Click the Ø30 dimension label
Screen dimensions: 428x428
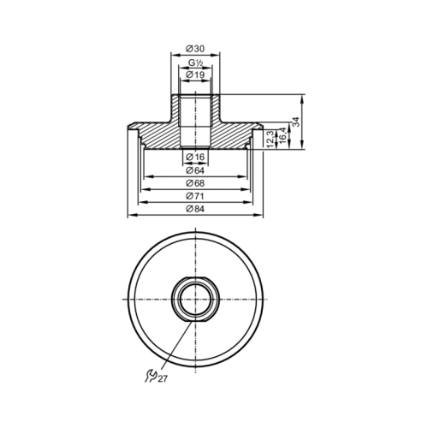[x=195, y=48]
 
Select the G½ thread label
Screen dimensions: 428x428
[x=195, y=62]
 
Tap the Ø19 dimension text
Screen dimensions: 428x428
[x=195, y=75]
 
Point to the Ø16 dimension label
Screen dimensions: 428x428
[x=195, y=157]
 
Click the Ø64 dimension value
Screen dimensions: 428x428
[x=195, y=170]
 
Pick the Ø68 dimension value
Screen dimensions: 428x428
[x=195, y=184]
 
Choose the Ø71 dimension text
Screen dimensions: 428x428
[x=195, y=197]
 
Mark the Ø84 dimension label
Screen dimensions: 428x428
[x=195, y=211]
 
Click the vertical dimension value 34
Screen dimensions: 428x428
[x=296, y=122]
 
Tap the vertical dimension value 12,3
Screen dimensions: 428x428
[x=270, y=137]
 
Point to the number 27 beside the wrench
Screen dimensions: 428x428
[x=163, y=377]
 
